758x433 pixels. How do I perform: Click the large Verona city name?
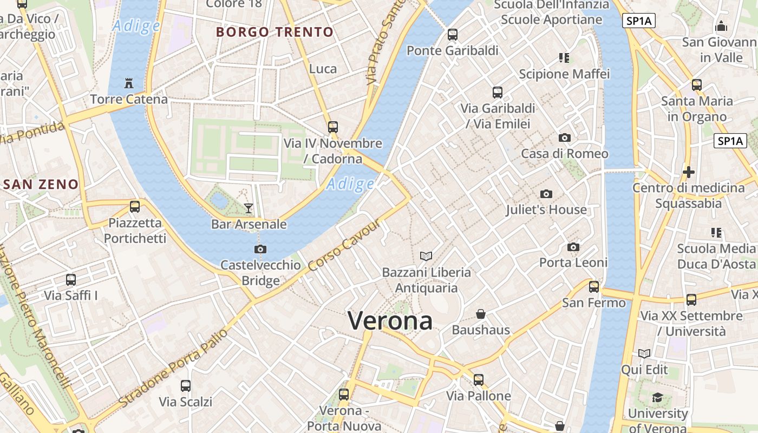(390, 321)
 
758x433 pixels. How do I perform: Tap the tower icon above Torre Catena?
(129, 83)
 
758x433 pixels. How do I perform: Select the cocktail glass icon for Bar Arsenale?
(249, 208)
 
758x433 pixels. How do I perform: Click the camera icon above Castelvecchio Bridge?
(260, 249)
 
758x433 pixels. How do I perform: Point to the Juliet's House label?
(546, 209)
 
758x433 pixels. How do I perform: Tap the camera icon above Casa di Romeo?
(565, 138)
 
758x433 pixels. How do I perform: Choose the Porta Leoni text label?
(573, 263)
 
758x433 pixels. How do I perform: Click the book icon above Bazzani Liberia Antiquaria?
(427, 256)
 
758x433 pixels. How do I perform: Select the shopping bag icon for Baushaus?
(480, 314)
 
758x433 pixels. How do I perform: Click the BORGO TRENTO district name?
(275, 32)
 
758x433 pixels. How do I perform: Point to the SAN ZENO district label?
(41, 184)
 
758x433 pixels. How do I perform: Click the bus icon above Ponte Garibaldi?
(453, 35)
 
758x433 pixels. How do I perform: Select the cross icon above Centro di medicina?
(689, 172)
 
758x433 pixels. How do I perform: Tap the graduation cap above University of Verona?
(657, 398)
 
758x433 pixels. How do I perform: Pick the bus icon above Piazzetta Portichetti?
(135, 207)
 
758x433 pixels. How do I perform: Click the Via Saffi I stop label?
(71, 296)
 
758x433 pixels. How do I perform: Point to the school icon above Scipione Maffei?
(564, 58)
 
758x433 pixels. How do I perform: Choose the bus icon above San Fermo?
(594, 287)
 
